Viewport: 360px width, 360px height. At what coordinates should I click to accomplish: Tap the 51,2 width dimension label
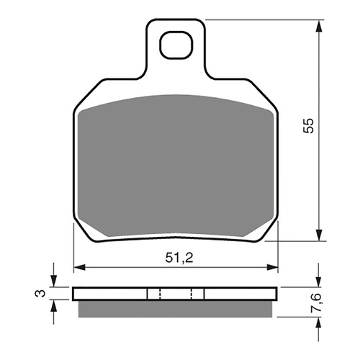(x=177, y=257)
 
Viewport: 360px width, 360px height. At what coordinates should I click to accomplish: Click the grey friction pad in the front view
(x=176, y=166)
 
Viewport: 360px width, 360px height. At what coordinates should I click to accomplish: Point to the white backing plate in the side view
(x=108, y=294)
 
